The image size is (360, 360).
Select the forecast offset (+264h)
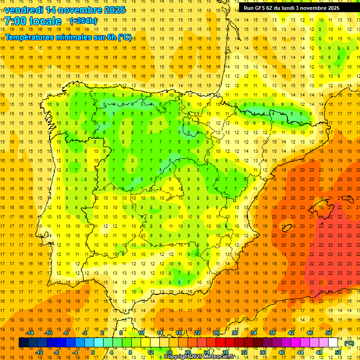pyautogui.click(x=83, y=21)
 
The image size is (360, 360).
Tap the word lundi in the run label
pyautogui.click(x=301, y=8)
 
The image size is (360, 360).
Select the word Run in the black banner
pyautogui.click(x=248, y=8)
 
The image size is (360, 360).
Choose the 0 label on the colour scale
pyautogui.click(x=92, y=352)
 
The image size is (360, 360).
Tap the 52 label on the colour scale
pyautogui.click(x=337, y=352)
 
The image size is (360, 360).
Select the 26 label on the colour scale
pyautogui.click(x=216, y=333)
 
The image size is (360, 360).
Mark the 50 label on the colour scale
pyautogui.click(x=329, y=333)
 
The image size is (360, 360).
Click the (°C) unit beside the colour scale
pyautogui.click(x=349, y=343)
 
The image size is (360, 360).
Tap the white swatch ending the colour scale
pyautogui.click(x=333, y=343)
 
